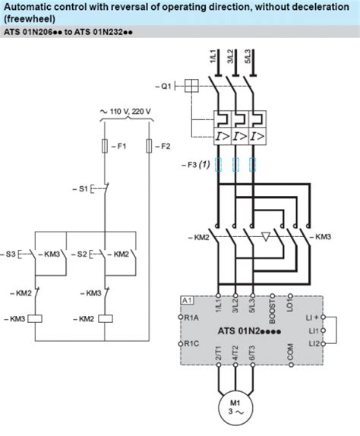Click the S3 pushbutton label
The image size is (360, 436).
tap(10, 252)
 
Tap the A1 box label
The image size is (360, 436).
tap(185, 301)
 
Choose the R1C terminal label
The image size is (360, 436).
tap(191, 344)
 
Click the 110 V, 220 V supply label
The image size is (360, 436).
tap(127, 112)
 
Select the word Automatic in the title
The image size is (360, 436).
tap(28, 7)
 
